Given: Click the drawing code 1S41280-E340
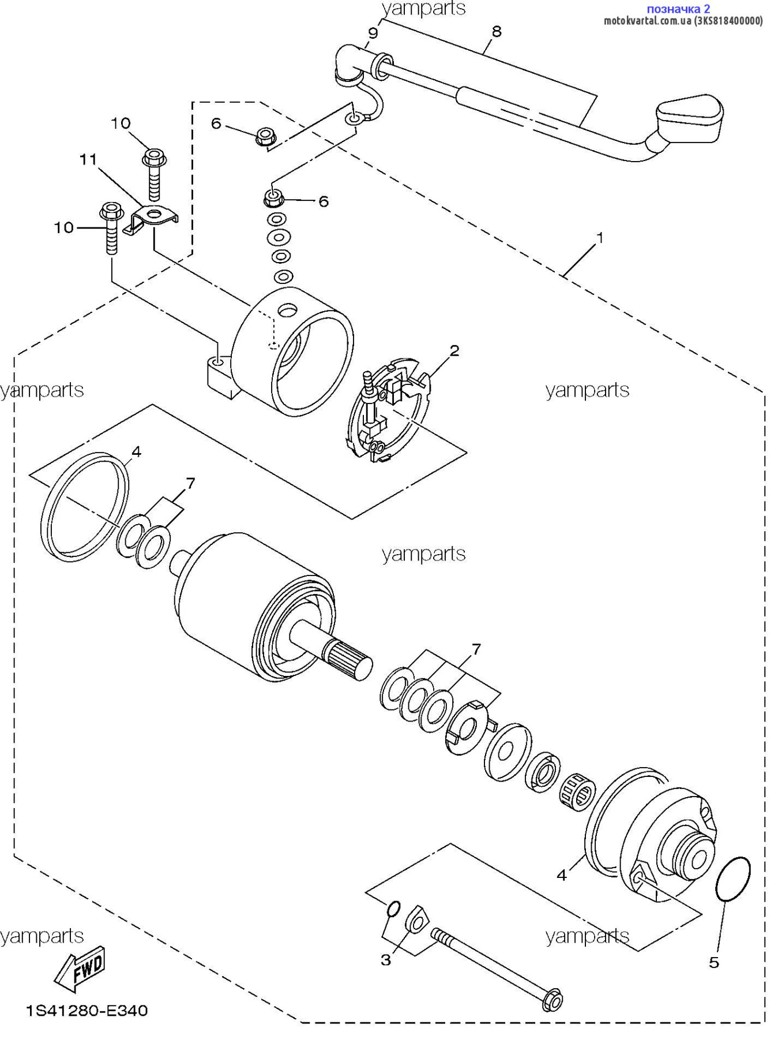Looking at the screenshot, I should tap(87, 1011).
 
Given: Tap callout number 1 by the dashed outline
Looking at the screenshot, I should tap(599, 237).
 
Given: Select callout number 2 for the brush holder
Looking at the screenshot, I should tap(454, 350).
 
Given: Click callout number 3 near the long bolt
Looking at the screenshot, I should tap(386, 960).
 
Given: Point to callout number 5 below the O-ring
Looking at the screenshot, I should tap(714, 962).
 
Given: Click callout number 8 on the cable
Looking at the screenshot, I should tap(497, 31).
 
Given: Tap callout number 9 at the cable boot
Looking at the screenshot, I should tap(373, 33).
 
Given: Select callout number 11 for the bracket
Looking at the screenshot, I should tap(88, 159).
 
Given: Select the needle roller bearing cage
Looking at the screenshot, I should tap(577, 790).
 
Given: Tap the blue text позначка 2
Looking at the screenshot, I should tap(678, 9).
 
